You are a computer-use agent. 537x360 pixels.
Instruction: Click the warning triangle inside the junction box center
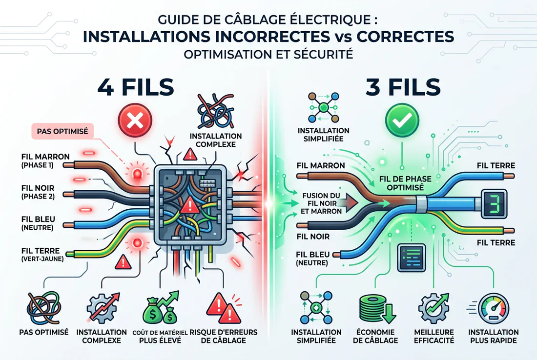click(187, 207)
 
